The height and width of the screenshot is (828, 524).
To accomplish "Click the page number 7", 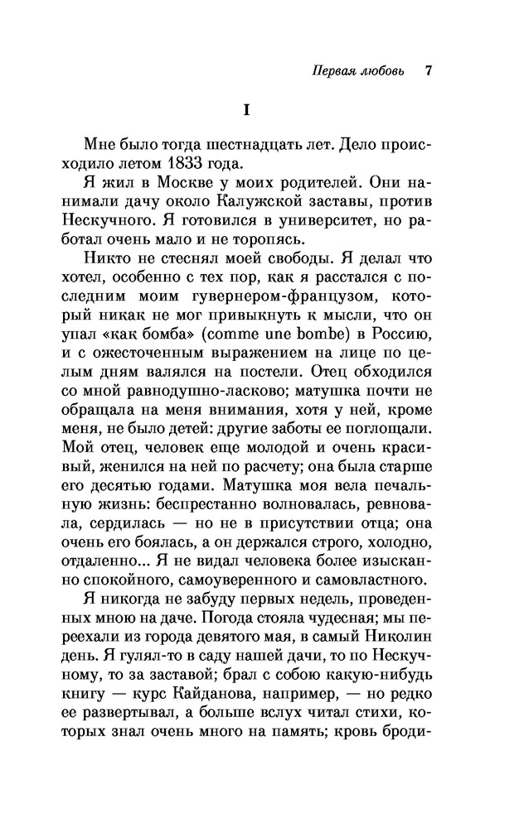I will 429,70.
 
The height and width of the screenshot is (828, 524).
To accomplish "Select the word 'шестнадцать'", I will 237,141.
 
